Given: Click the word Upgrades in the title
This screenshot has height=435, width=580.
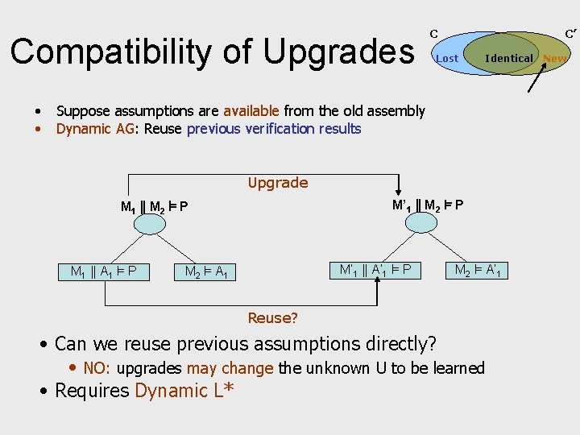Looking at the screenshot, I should pyautogui.click(x=338, y=52).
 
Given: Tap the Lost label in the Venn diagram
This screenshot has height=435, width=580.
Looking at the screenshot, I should pyautogui.click(x=446, y=58).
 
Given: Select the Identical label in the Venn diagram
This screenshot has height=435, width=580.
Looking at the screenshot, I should pyautogui.click(x=508, y=58).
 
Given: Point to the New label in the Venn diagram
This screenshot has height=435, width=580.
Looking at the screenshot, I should pyautogui.click(x=554, y=58).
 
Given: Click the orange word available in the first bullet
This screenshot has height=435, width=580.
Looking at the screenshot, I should pyautogui.click(x=251, y=111).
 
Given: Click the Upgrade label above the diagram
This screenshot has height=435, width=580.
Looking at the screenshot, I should pyautogui.click(x=278, y=183).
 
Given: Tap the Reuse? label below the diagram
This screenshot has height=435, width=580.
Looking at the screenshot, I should pyautogui.click(x=272, y=318).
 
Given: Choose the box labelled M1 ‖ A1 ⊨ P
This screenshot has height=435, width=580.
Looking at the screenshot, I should pyautogui.click(x=103, y=271).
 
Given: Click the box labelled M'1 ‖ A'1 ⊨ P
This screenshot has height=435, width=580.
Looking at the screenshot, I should pyautogui.click(x=375, y=269).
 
